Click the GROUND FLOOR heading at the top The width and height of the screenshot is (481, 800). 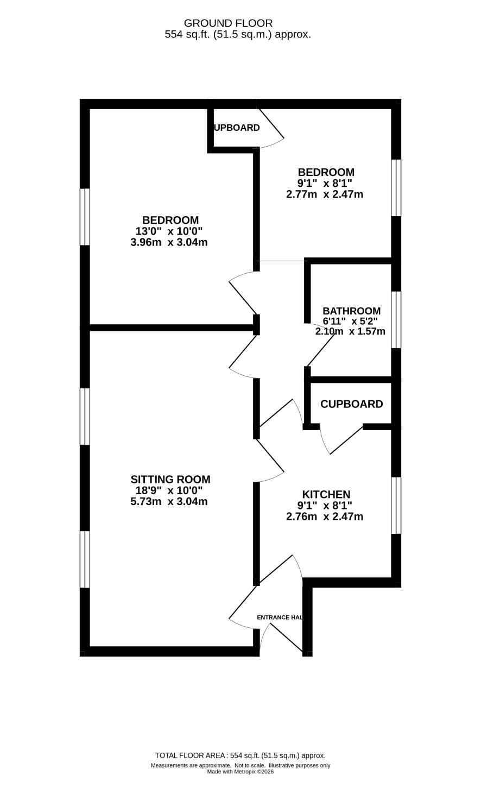(228, 23)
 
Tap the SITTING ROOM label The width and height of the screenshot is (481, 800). (170, 480)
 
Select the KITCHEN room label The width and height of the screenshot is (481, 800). (326, 495)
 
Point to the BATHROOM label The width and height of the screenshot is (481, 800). (351, 311)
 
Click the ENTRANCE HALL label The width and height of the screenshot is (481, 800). (280, 618)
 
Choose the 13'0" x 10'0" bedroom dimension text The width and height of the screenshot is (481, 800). (169, 231)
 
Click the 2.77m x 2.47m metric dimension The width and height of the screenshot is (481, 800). (325, 194)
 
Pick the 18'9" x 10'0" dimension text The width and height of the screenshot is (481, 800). (169, 490)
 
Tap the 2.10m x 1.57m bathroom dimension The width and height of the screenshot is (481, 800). (350, 331)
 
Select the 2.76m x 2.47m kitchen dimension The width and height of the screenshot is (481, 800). (325, 516)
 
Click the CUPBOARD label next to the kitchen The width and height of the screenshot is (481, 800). (352, 404)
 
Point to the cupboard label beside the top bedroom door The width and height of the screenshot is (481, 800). (237, 128)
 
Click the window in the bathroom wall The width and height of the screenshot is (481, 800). (396, 320)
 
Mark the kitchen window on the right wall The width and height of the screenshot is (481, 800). (396, 506)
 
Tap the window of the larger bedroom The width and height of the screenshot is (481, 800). (85, 217)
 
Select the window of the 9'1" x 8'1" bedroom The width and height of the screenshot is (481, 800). (396, 188)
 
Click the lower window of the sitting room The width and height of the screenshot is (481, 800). (85, 559)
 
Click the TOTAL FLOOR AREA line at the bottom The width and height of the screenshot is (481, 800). (240, 755)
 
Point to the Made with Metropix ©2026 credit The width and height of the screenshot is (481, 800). (240, 772)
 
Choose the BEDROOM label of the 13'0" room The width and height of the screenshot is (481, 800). (170, 221)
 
